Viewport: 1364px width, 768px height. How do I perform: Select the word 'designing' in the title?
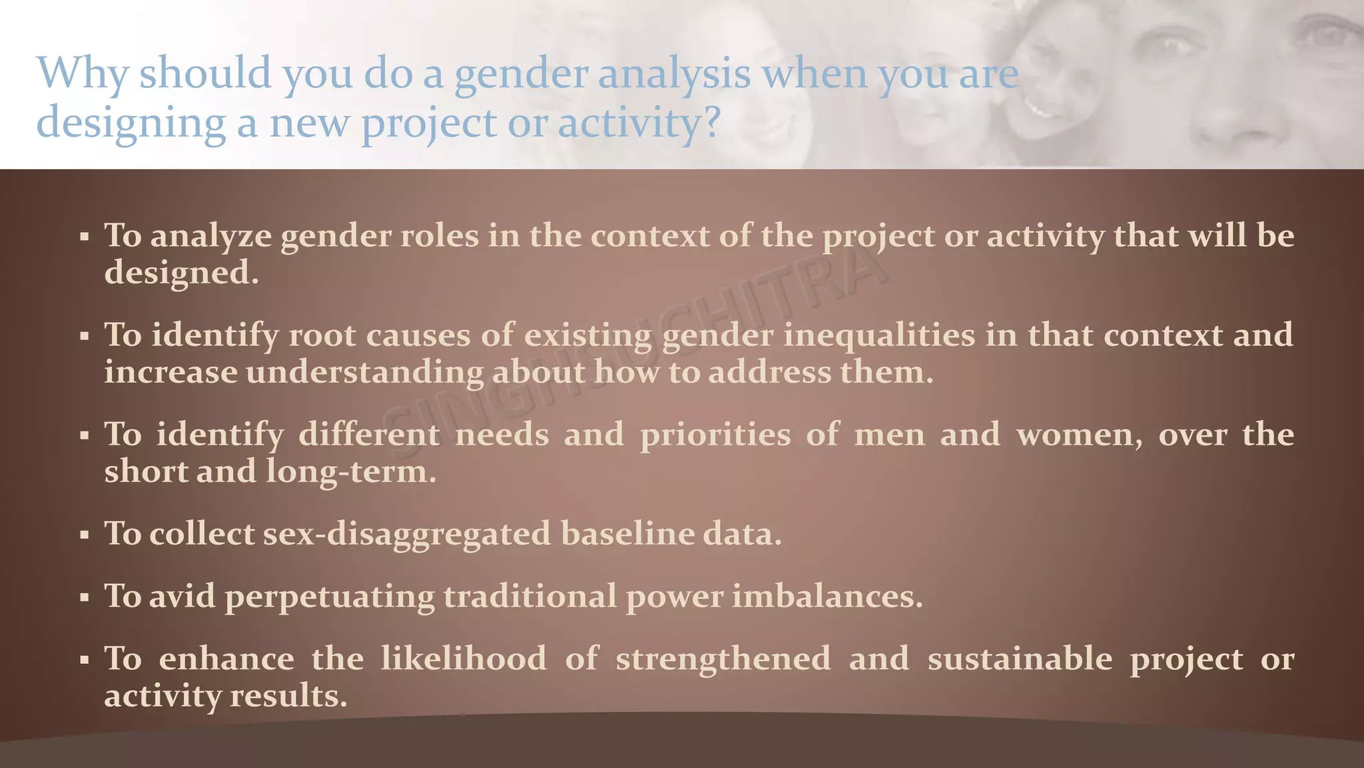click(x=131, y=123)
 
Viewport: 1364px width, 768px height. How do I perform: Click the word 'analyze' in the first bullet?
click(x=211, y=237)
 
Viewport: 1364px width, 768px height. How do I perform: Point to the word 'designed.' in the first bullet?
click(x=181, y=273)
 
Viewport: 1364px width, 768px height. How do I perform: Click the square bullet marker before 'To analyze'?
click(x=84, y=237)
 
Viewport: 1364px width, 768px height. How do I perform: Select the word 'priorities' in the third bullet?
click(x=715, y=435)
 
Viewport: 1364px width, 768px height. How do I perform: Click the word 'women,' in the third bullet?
click(x=1080, y=435)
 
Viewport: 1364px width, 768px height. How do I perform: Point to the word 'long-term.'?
click(x=351, y=471)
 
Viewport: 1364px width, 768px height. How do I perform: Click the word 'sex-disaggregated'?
click(x=407, y=533)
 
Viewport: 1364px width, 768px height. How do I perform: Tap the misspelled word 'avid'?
click(x=182, y=595)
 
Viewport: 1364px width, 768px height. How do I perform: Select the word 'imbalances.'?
click(x=827, y=595)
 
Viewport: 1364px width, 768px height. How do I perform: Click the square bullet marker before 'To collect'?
click(x=84, y=535)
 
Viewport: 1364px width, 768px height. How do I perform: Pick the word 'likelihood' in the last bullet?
click(x=464, y=659)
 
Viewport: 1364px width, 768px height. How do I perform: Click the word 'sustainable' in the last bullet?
click(x=1020, y=659)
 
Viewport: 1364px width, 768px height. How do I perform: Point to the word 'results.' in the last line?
click(x=288, y=695)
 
